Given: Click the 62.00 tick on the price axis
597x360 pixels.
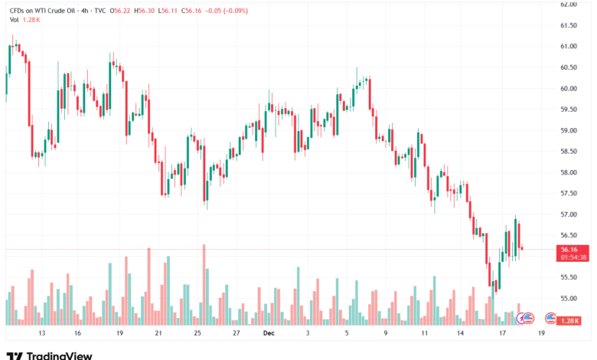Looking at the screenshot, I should click(567, 4).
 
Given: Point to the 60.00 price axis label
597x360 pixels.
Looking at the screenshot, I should click(567, 88).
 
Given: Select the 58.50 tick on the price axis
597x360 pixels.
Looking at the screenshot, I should click(567, 152).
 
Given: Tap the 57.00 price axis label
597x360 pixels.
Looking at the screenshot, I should click(567, 214).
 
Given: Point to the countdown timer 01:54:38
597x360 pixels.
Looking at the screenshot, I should click(573, 257).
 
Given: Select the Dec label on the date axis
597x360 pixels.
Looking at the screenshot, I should click(268, 334).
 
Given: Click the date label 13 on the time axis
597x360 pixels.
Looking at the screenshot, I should click(42, 334).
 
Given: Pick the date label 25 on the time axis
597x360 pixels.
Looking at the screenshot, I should click(197, 334).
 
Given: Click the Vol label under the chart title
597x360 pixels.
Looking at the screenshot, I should click(14, 20).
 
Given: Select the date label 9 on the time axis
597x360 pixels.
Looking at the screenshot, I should click(385, 334).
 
